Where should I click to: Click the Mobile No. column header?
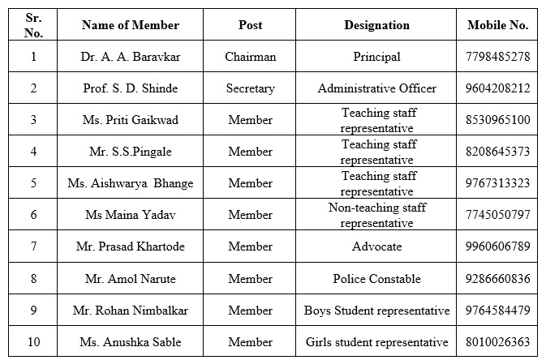(x=497, y=25)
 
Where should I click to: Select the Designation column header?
(x=376, y=25)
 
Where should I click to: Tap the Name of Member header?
(x=130, y=25)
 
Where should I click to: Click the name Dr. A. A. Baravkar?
(x=130, y=57)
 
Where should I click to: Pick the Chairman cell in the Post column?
(x=250, y=57)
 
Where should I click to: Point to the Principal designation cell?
(x=376, y=57)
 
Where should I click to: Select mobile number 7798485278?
(x=498, y=57)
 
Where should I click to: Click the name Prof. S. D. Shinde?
(x=130, y=88)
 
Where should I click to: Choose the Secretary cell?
(x=250, y=88)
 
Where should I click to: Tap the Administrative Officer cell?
(x=376, y=88)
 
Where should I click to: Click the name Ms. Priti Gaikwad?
(x=130, y=120)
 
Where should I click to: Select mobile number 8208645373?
(x=498, y=152)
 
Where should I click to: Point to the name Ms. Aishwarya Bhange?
(x=130, y=183)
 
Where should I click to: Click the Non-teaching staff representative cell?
(x=376, y=215)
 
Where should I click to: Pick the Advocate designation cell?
(x=376, y=246)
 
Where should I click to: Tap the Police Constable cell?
(x=376, y=279)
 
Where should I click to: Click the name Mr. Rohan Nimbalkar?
(x=130, y=311)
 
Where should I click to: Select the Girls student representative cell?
(x=376, y=342)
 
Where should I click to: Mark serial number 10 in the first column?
(x=33, y=342)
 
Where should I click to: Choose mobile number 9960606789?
(x=498, y=246)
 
